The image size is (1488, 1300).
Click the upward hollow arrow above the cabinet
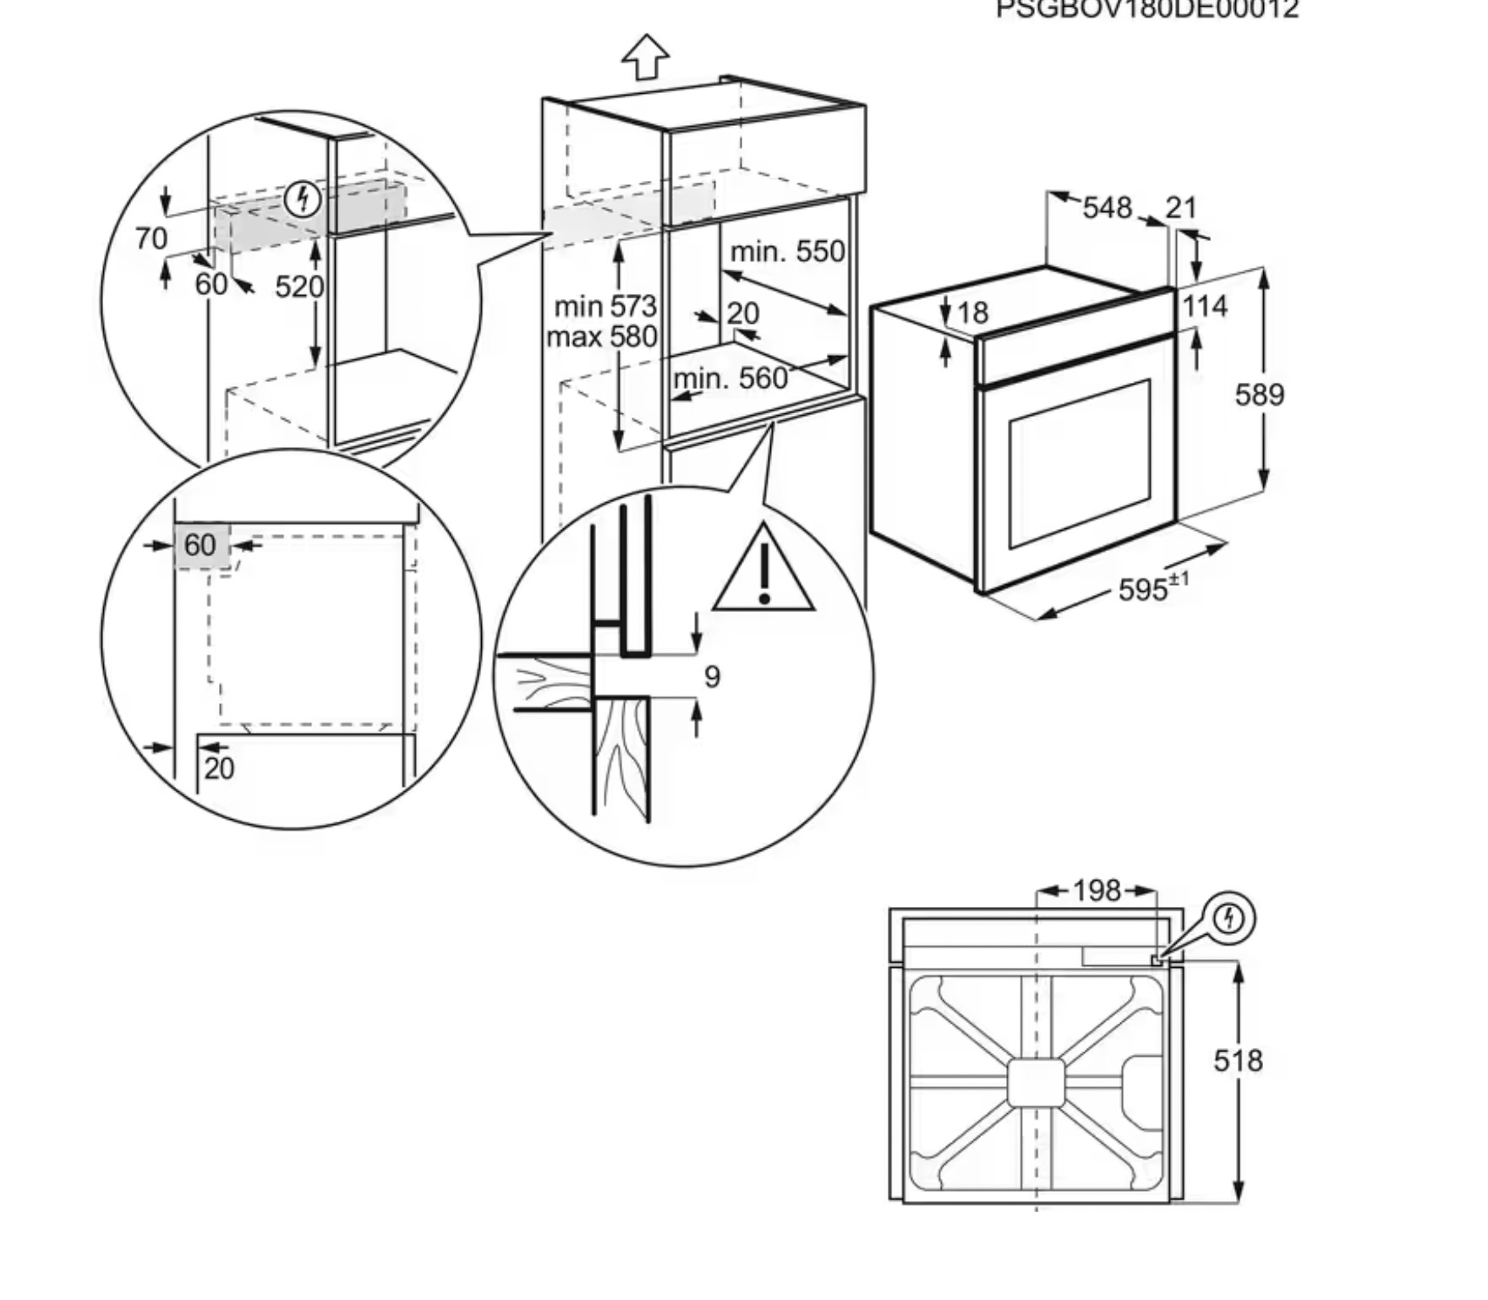click(646, 57)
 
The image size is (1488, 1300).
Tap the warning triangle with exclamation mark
click(763, 571)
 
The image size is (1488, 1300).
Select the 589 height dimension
click(1259, 395)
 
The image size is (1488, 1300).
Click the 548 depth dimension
click(1107, 207)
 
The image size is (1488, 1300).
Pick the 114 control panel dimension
click(1205, 306)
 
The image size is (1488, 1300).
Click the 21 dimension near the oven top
click(1181, 207)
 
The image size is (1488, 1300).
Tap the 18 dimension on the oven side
click(973, 314)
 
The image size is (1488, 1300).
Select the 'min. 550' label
click(787, 251)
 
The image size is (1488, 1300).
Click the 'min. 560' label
click(730, 378)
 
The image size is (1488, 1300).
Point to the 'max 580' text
click(601, 336)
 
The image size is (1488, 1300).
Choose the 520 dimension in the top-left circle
click(299, 287)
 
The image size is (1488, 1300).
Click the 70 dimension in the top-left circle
click(151, 239)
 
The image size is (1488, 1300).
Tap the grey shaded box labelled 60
click(201, 545)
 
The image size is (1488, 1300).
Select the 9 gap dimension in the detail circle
click(712, 676)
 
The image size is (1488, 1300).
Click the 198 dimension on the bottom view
click(1097, 890)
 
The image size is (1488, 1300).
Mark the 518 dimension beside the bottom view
click(1238, 1061)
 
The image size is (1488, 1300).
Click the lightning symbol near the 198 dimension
click(1229, 918)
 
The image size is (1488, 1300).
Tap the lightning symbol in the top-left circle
click(302, 200)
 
